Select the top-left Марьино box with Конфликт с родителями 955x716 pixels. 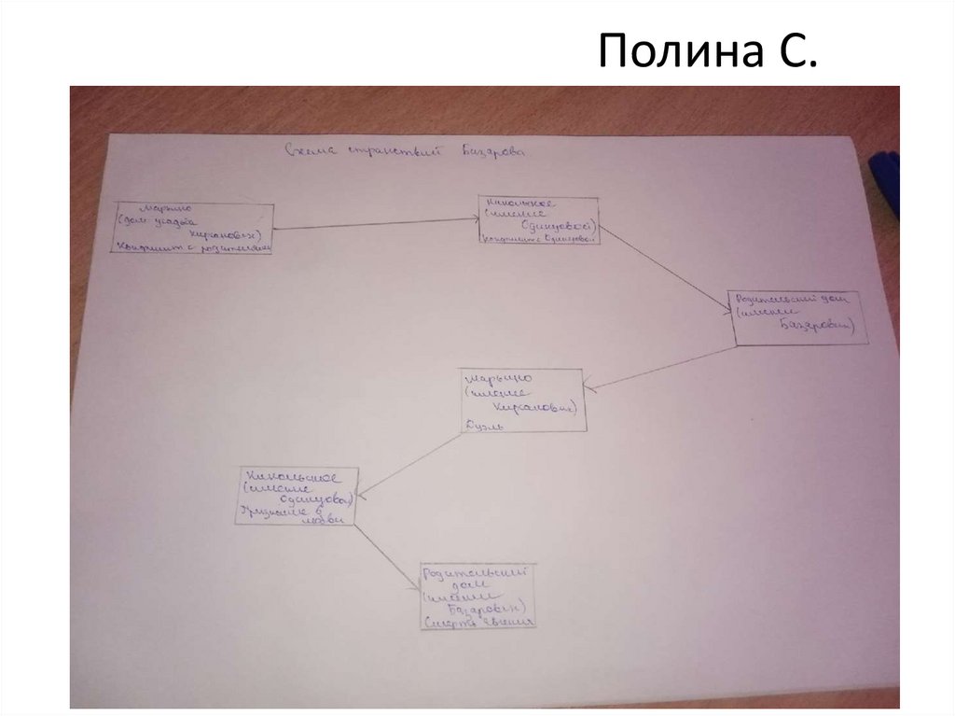coord(193,228)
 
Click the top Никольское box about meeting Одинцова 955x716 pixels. coord(538,220)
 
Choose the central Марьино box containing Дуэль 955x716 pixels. coord(522,400)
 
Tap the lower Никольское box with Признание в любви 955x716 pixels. coord(297,495)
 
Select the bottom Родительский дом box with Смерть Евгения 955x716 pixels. coord(479,596)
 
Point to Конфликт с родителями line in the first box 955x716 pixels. coord(193,247)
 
